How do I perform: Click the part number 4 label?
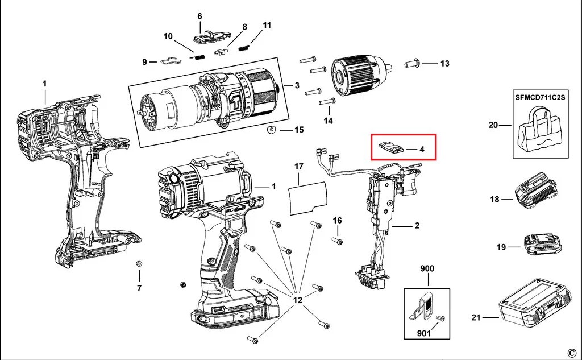point(422,150)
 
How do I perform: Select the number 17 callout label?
point(299,166)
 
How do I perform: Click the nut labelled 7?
point(138,264)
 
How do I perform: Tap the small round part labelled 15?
point(271,131)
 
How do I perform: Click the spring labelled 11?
point(243,47)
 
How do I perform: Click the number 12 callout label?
point(298,299)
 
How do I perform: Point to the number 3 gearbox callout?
point(297,85)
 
